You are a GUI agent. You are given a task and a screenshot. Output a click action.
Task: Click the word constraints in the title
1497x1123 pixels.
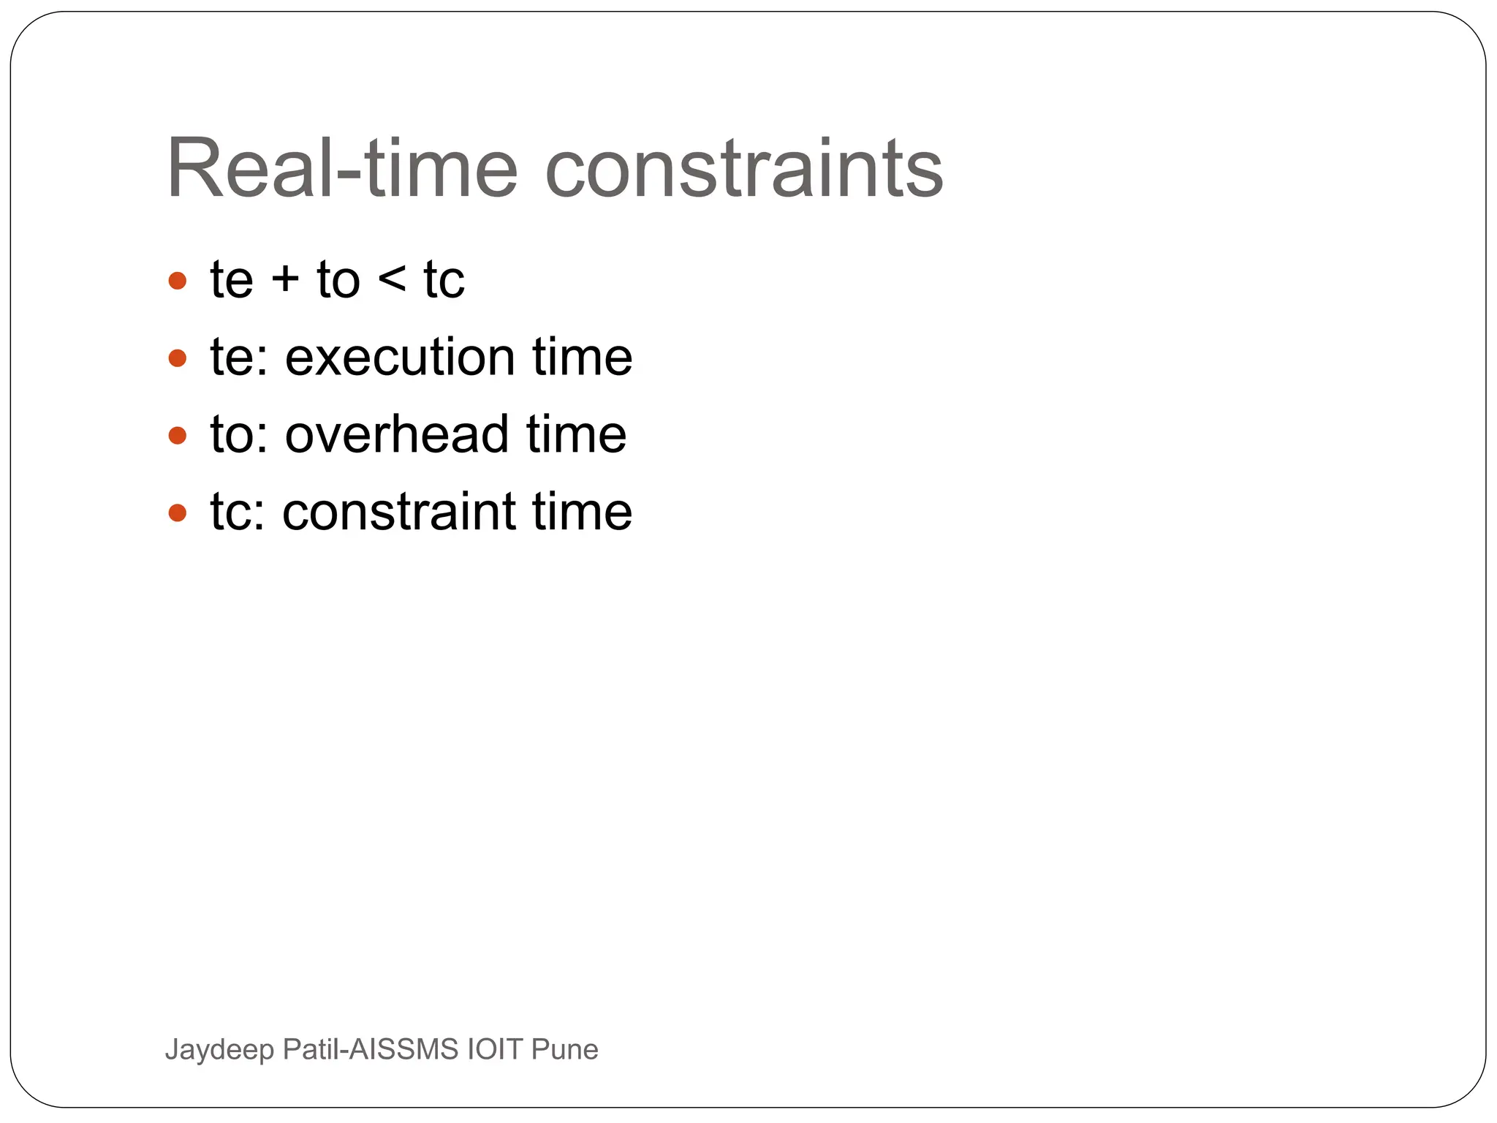point(744,169)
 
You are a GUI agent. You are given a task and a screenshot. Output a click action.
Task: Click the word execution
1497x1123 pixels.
point(399,358)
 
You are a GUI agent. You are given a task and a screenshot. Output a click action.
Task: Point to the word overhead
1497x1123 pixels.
point(397,434)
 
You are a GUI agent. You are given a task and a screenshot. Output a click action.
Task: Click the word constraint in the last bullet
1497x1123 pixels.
point(399,511)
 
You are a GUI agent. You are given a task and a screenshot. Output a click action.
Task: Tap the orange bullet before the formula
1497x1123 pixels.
point(178,281)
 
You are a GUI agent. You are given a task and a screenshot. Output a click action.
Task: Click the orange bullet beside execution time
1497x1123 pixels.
point(178,358)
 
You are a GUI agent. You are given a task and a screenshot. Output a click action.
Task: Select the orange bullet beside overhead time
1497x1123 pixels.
point(178,436)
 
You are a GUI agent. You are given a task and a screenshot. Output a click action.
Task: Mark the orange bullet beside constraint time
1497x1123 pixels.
point(178,513)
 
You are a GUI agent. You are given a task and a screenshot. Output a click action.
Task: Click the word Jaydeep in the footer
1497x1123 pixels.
point(219,1050)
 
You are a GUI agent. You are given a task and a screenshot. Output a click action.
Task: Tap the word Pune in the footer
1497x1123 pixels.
point(564,1049)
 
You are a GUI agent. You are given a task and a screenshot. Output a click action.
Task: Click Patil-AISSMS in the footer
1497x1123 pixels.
point(371,1049)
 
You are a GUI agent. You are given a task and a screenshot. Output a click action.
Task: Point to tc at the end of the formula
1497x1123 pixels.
point(444,280)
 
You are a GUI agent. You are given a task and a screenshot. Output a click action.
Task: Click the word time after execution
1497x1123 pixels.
point(582,358)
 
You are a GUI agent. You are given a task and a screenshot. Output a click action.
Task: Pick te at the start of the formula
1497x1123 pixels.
point(232,280)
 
